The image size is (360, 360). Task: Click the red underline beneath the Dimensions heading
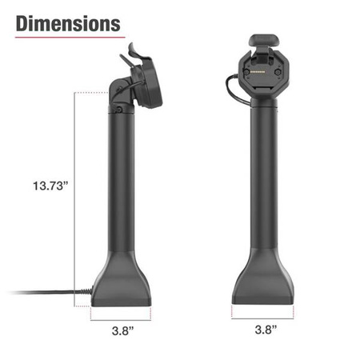[68, 37]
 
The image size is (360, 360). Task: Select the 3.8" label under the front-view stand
[266, 328]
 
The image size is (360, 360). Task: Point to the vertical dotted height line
[75, 200]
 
